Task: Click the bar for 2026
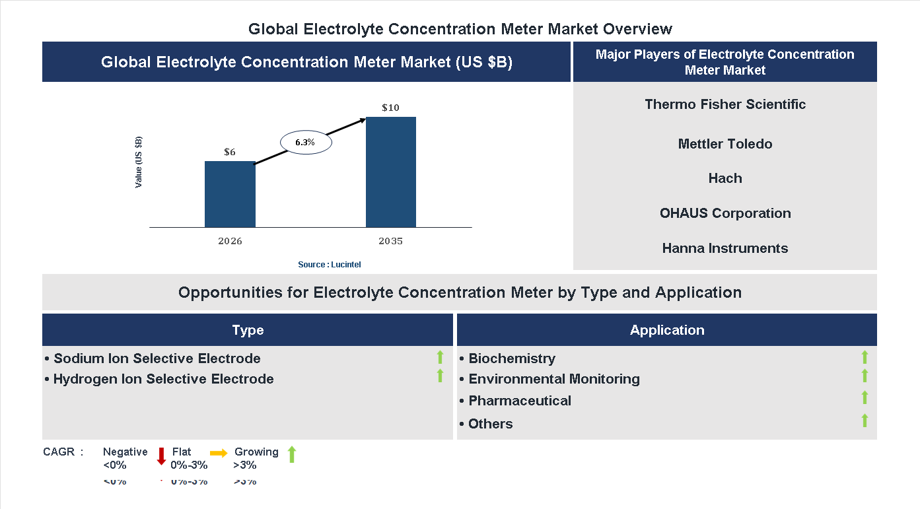(230, 194)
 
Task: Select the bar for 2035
(391, 172)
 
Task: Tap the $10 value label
(390, 108)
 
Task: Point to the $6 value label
(229, 152)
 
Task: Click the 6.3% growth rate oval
(306, 142)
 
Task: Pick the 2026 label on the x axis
(230, 241)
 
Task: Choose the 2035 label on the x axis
(390, 241)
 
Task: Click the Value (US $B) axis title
(139, 162)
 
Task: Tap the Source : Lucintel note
(330, 264)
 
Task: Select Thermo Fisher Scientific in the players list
(725, 104)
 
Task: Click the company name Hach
(725, 178)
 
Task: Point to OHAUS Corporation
(725, 213)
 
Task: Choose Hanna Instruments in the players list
(725, 248)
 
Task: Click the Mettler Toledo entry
(725, 144)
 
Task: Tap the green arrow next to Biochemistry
(865, 357)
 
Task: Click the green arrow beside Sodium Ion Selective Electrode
(440, 357)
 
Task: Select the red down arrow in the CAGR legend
(161, 456)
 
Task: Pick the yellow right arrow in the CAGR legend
(219, 453)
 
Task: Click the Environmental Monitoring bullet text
(553, 379)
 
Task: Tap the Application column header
(667, 330)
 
